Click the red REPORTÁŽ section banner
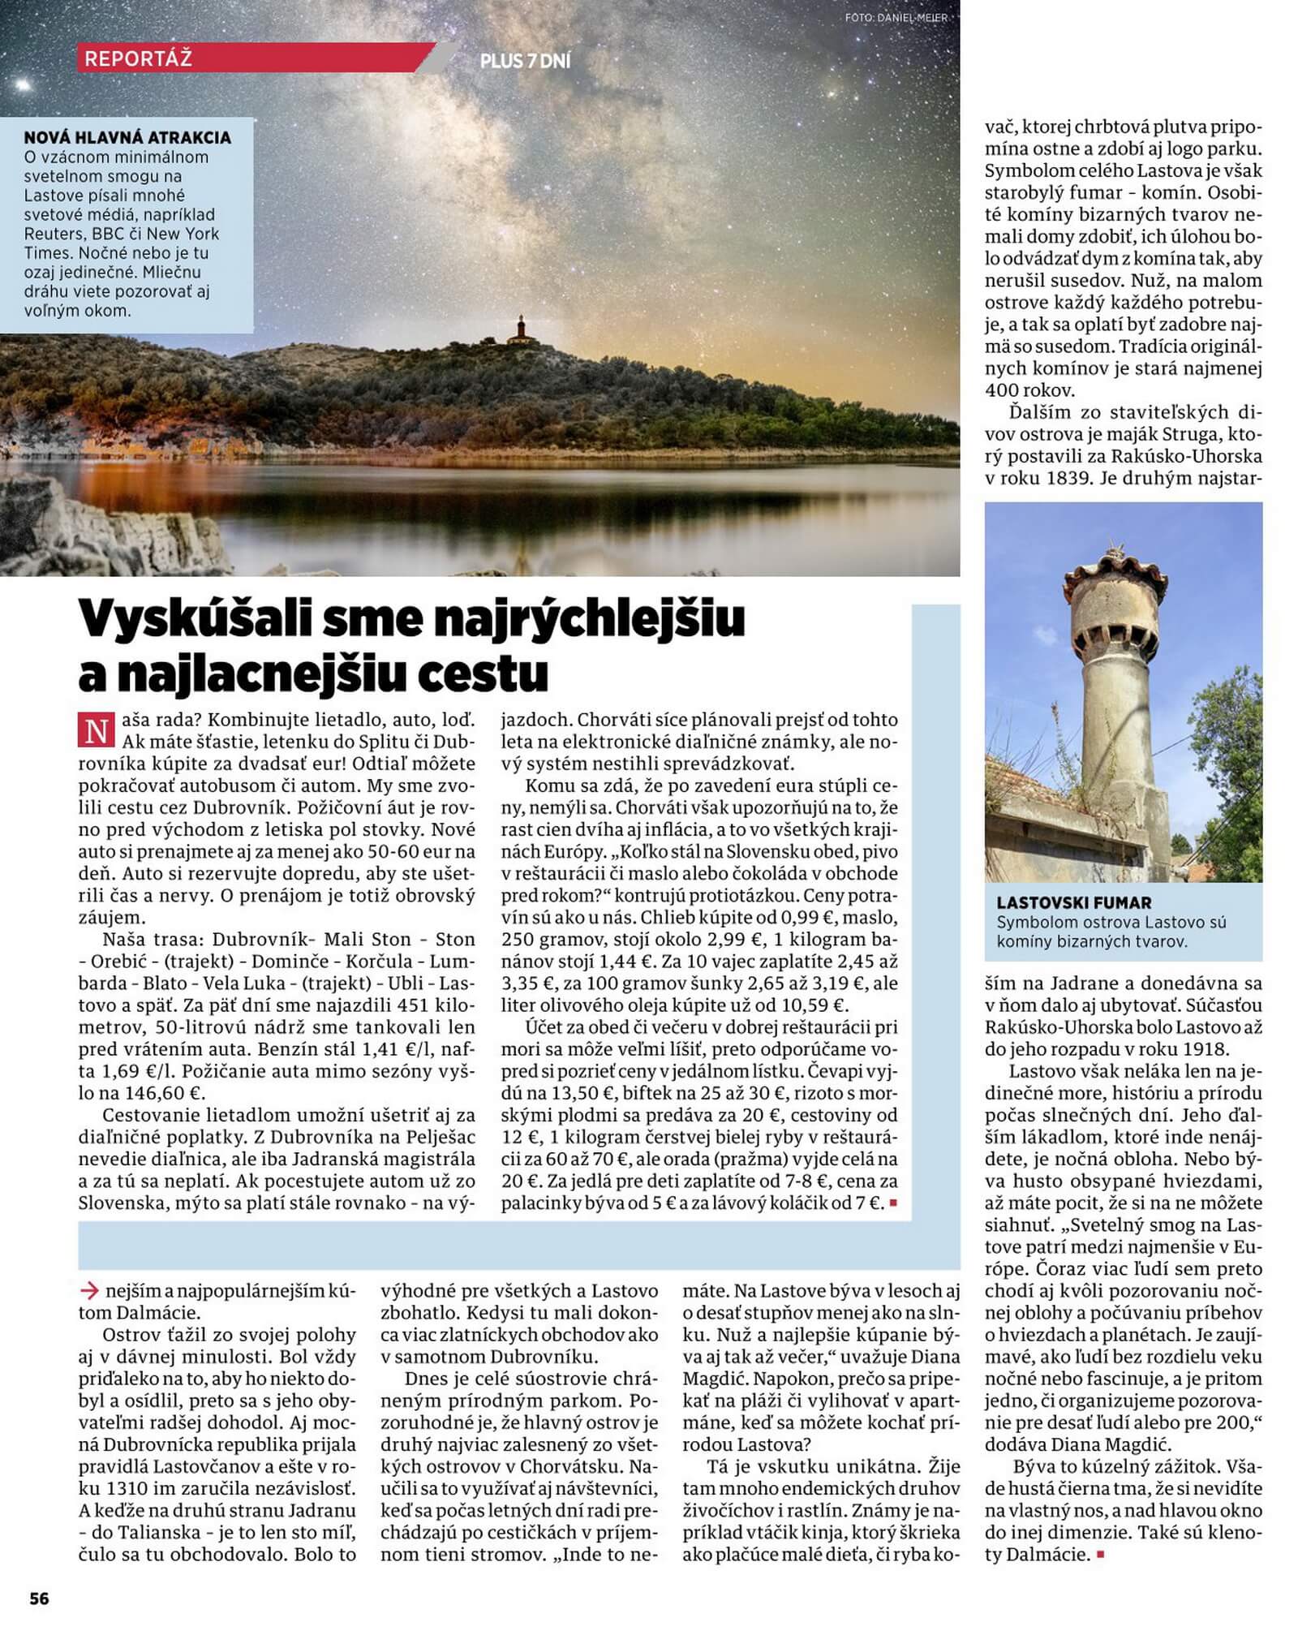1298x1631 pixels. (x=243, y=58)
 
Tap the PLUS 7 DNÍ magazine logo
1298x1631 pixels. (x=525, y=61)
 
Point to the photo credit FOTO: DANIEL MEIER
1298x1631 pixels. (x=896, y=17)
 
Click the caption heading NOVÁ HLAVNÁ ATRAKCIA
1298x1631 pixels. (x=127, y=137)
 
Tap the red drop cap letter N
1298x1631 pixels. (x=95, y=731)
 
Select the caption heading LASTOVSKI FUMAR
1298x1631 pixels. (x=1074, y=902)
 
